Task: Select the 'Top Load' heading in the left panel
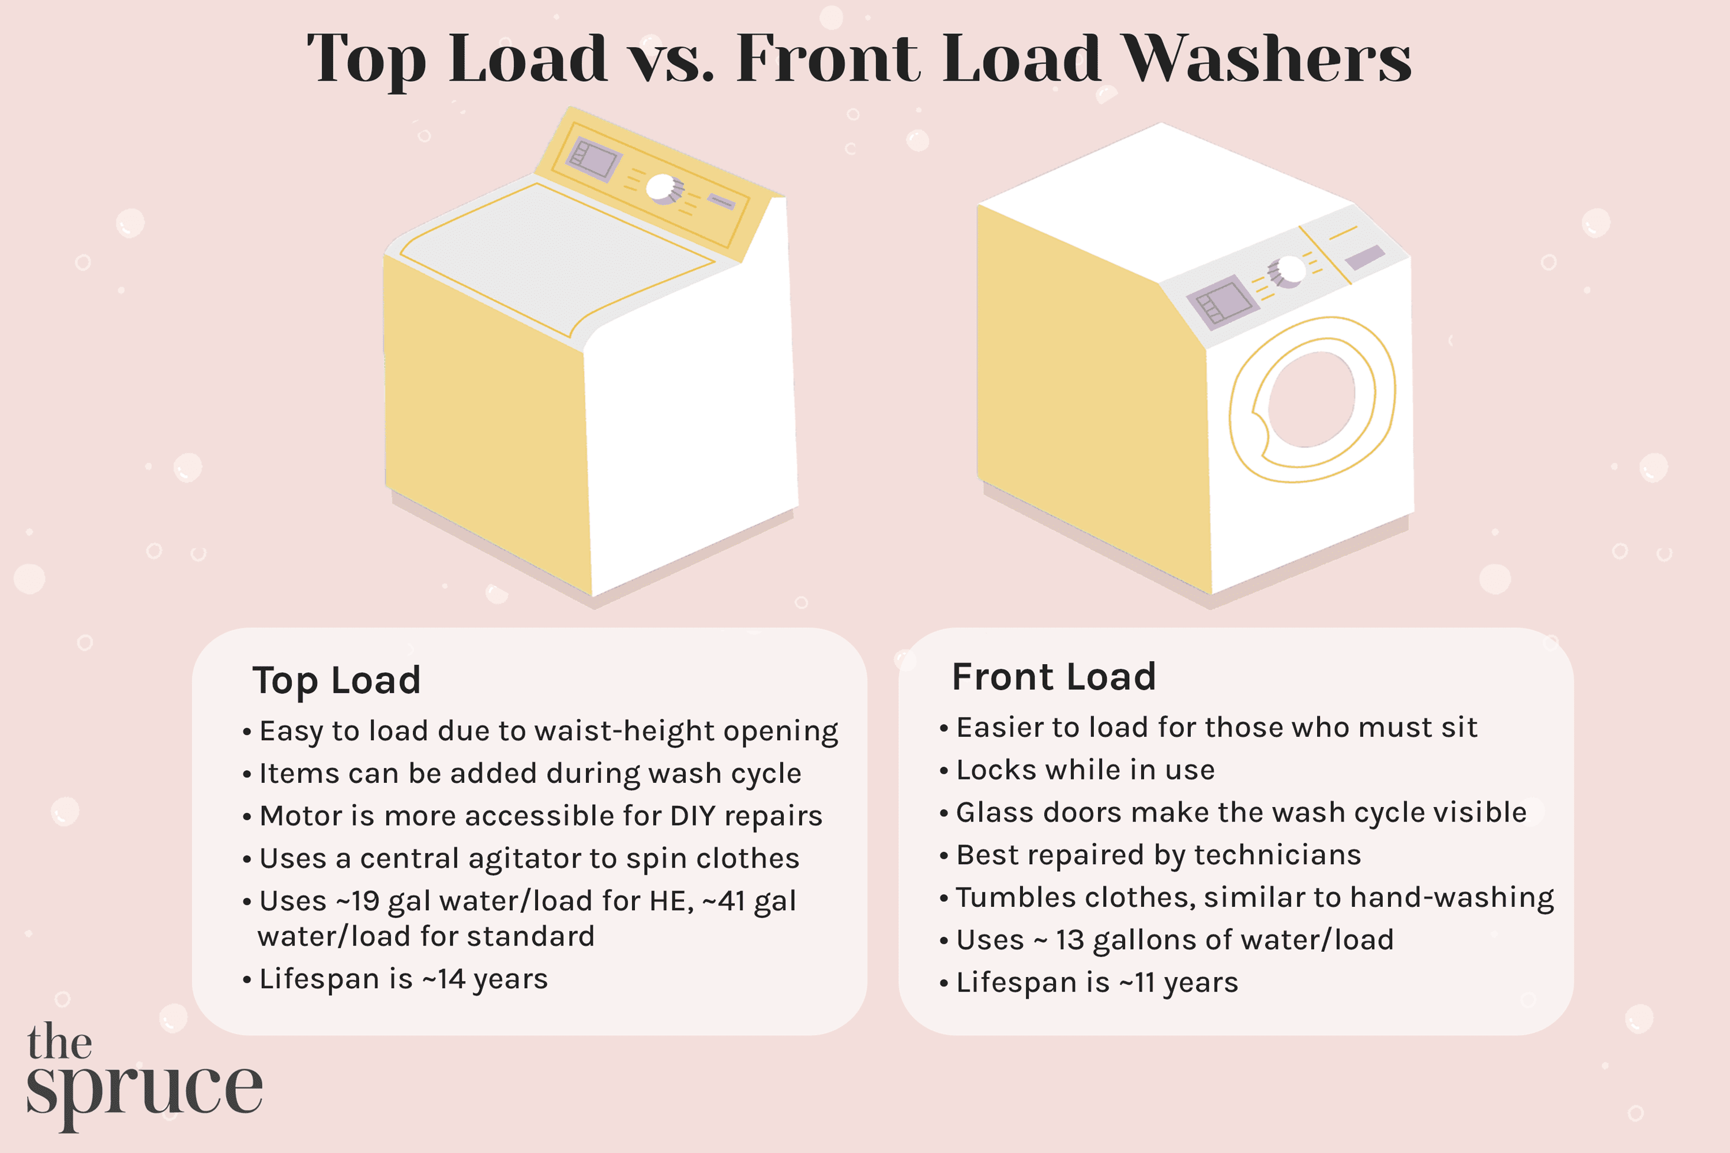click(336, 680)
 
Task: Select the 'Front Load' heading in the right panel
click(1054, 676)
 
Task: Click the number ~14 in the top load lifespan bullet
click(443, 979)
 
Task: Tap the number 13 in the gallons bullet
click(1070, 940)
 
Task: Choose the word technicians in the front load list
click(1278, 855)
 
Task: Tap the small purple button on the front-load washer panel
click(1364, 257)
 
